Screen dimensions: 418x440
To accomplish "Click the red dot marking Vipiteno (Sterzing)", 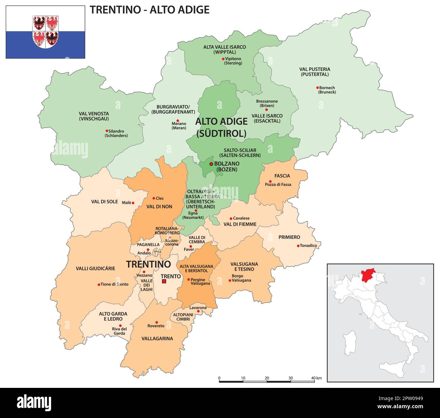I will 223,59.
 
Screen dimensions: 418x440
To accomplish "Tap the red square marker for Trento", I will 164,281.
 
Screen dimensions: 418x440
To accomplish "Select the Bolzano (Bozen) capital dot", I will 211,164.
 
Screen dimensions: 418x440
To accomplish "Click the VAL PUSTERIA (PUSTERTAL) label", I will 314,72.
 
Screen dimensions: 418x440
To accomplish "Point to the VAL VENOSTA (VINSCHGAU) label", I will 94,116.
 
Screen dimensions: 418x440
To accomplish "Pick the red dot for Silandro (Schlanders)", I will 107,131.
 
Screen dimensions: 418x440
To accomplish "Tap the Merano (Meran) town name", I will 179,126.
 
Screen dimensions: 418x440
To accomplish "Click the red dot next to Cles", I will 153,198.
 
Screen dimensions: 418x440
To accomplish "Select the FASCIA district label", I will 282,176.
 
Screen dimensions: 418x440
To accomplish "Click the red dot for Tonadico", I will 298,246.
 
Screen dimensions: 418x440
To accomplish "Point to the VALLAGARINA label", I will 157,338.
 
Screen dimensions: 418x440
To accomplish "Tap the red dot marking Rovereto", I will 156,322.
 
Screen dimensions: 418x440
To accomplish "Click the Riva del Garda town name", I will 119,331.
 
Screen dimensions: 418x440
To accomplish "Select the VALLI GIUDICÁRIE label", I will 95,268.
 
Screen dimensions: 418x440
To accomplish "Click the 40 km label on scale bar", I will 316,378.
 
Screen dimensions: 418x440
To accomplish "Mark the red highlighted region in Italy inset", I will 370,275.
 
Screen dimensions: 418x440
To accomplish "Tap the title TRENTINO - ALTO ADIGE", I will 149,9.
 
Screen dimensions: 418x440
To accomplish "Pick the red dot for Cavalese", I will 231,218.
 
